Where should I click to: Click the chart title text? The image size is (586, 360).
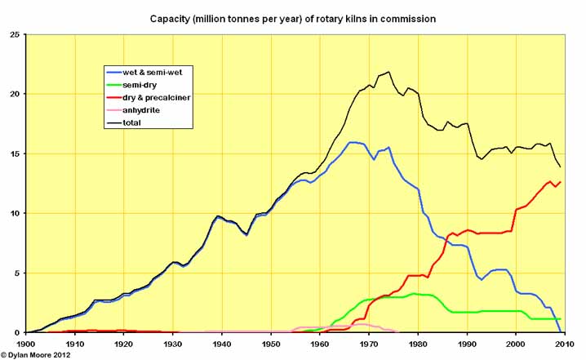[292, 17]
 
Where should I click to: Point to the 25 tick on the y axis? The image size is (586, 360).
[13, 34]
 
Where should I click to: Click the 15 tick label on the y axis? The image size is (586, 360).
[13, 153]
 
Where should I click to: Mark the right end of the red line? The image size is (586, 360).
[560, 182]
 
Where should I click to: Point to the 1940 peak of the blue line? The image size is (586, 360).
[218, 217]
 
